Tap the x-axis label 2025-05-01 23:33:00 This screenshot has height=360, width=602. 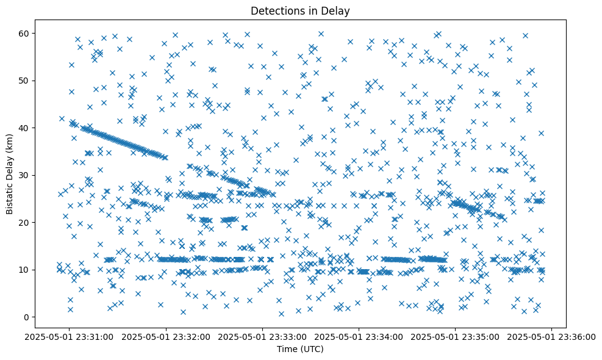click(262, 336)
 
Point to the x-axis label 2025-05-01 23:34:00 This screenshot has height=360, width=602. click(359, 336)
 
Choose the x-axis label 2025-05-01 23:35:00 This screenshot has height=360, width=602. click(456, 336)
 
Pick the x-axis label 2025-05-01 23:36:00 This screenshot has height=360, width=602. click(553, 336)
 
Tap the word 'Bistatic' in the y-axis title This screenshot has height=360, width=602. click(10, 196)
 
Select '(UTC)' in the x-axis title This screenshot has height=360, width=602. click(314, 350)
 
